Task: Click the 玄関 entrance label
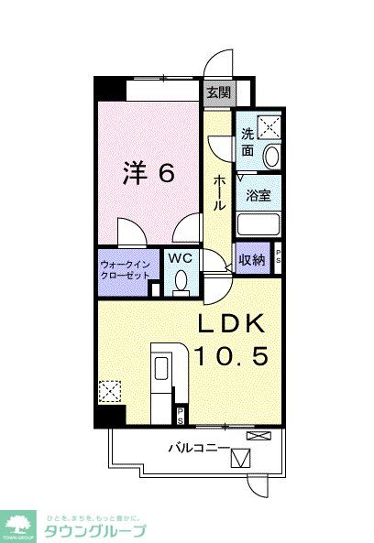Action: (x=217, y=92)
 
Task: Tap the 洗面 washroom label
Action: (x=247, y=142)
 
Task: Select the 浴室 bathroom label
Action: (x=257, y=194)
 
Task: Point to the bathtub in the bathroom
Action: (x=258, y=225)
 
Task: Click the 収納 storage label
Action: (x=252, y=260)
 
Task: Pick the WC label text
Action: (x=178, y=259)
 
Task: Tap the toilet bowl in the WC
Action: (x=180, y=280)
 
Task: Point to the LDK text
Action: (x=234, y=324)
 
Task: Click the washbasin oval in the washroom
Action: (x=272, y=156)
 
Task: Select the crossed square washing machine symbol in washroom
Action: (x=269, y=127)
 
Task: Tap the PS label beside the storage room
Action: (x=279, y=259)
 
